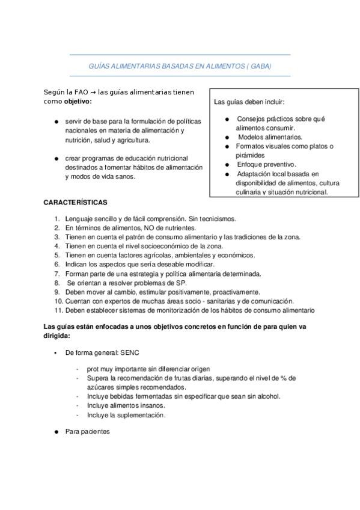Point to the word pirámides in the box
[x=250, y=155]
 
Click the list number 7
[x=56, y=274]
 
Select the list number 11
[x=58, y=310]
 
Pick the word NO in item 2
[x=147, y=229]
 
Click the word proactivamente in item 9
[x=204, y=292]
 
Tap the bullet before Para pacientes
[x=55, y=432]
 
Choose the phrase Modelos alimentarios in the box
[x=263, y=137]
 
